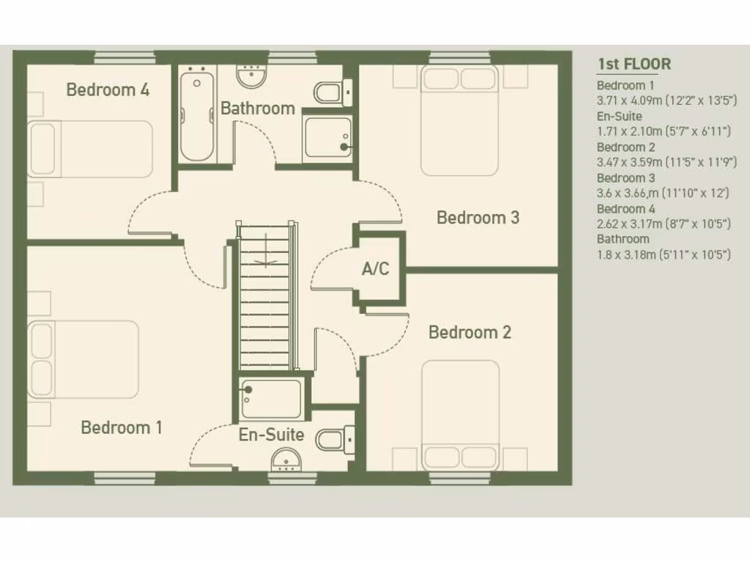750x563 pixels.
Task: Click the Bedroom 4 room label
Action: [108, 90]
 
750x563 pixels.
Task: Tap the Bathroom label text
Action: [258, 108]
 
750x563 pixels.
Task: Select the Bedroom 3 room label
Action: [478, 218]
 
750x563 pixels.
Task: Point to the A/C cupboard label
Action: [376, 269]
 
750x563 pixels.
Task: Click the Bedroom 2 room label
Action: [469, 333]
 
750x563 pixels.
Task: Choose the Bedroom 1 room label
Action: [122, 427]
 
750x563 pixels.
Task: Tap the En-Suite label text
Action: [271, 435]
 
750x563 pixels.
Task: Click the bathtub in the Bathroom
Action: [196, 116]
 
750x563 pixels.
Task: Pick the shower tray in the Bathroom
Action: [327, 137]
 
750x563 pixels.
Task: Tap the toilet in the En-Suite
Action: [330, 438]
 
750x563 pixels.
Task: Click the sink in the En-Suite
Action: [286, 460]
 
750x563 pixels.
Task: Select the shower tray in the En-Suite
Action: [271, 398]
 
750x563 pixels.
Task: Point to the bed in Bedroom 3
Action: [459, 121]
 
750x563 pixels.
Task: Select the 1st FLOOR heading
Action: [634, 64]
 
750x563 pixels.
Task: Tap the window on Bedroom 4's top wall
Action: [125, 57]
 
